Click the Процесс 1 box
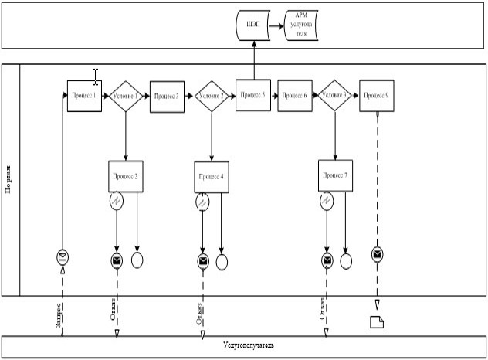tap(84, 96)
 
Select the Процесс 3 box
tap(167, 97)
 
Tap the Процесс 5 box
tap(253, 95)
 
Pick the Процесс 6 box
tap(294, 95)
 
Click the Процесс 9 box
tap(377, 95)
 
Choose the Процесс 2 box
tap(125, 177)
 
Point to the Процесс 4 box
tap(212, 177)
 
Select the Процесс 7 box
tap(335, 176)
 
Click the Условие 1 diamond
tap(125, 97)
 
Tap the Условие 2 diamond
tap(212, 97)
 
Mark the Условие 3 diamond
tap(335, 96)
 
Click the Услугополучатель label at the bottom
tap(244, 345)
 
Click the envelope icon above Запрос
tap(62, 256)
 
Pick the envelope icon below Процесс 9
tap(377, 253)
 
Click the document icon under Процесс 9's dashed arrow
tap(377, 322)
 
